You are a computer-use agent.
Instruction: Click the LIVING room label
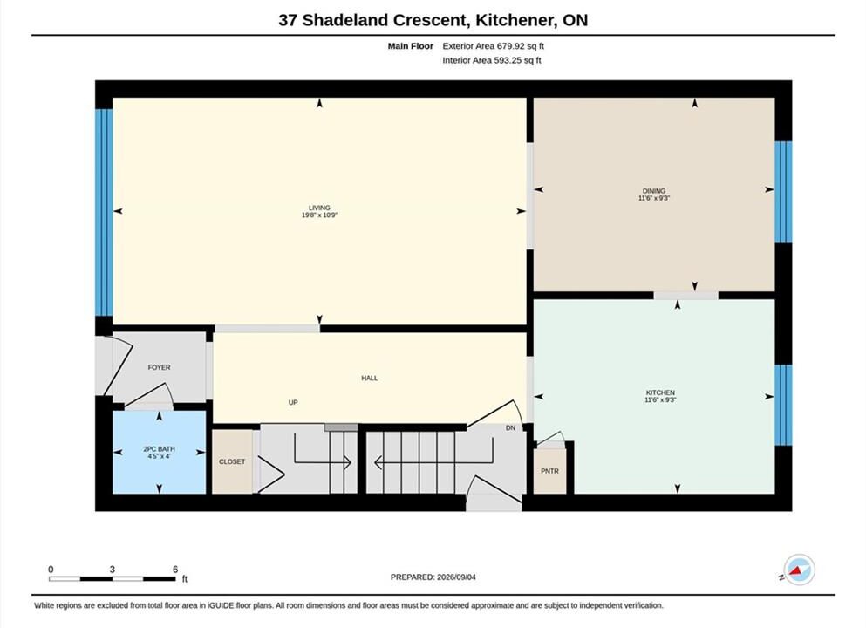319,208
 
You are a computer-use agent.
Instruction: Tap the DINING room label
654,191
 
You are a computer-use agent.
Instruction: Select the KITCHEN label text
660,392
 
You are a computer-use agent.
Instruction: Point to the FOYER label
159,367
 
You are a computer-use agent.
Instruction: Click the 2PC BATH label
159,449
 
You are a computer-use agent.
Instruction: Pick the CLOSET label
232,461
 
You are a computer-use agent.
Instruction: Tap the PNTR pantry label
549,471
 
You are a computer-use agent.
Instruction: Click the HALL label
370,379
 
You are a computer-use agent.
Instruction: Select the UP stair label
293,403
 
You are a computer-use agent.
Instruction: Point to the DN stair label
510,428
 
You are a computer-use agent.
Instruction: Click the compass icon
799,570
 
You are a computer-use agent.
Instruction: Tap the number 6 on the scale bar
175,570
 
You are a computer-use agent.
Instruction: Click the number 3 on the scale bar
113,570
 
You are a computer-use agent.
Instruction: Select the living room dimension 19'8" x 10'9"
319,215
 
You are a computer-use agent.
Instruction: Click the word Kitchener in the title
515,20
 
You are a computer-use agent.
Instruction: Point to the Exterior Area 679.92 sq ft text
494,46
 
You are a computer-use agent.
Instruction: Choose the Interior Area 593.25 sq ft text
492,60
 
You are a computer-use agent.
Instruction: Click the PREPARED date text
433,577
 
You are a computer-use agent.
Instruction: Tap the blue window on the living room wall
104,213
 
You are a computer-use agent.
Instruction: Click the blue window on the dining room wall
783,192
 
